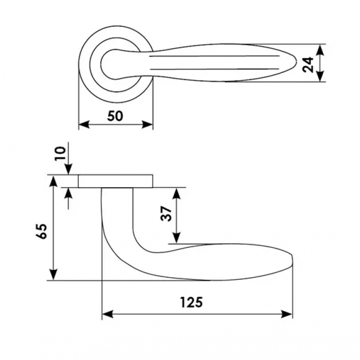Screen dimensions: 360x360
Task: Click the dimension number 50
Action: click(115, 116)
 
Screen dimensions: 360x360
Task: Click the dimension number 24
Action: click(308, 65)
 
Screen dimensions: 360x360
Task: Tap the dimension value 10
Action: click(60, 153)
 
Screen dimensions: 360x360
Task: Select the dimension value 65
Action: click(42, 231)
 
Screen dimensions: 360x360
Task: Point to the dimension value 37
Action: click(166, 214)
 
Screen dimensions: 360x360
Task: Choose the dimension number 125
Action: click(191, 302)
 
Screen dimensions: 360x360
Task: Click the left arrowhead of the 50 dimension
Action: click(84, 124)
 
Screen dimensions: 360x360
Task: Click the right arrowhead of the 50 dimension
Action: click(147, 124)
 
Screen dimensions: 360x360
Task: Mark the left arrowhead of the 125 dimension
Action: click(107, 314)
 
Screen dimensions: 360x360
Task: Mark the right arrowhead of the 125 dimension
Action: click(287, 314)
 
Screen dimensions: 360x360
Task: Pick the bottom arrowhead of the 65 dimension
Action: click(53, 275)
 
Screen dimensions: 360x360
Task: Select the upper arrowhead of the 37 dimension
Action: click(176, 193)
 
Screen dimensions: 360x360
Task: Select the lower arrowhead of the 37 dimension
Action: click(176, 238)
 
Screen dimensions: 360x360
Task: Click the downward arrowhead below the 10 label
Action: click(68, 169)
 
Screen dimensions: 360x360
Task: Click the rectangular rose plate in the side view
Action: click(116, 182)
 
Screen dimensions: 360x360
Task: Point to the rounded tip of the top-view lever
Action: click(296, 62)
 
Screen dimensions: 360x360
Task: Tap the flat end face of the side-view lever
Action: click(292, 260)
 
